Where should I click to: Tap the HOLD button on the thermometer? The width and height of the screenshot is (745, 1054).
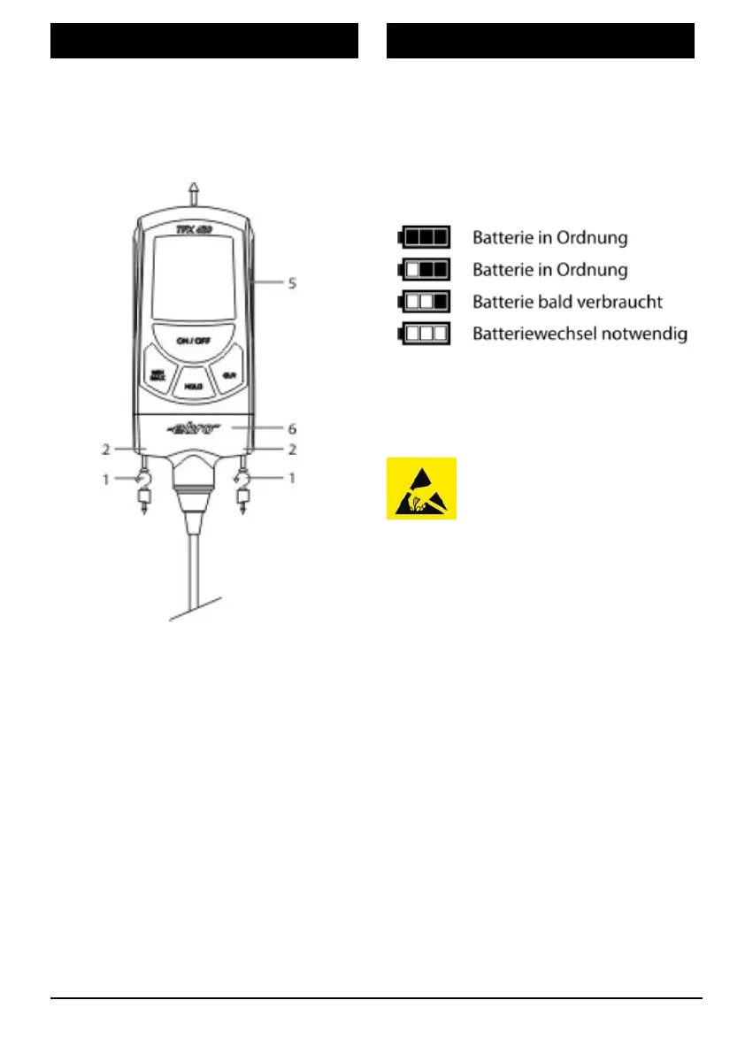(x=193, y=386)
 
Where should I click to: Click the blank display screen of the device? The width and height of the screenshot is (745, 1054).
(x=194, y=278)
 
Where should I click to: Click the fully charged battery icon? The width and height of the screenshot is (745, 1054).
(x=425, y=236)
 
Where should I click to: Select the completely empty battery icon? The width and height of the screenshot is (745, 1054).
(x=425, y=334)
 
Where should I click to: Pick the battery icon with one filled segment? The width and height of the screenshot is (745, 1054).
(x=425, y=301)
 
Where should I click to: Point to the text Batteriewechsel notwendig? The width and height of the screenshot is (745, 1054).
(x=580, y=335)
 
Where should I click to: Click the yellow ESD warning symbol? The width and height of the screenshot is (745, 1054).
(x=421, y=488)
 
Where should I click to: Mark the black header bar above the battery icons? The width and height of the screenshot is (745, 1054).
(x=541, y=41)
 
